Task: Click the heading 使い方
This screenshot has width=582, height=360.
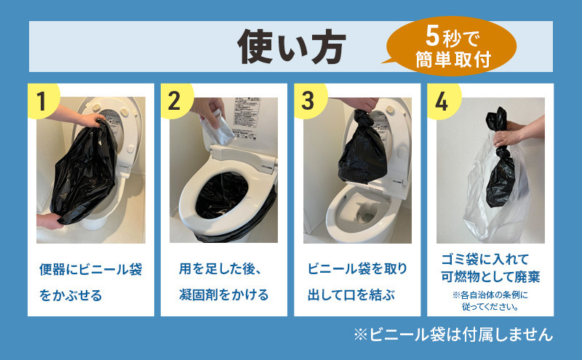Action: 292,47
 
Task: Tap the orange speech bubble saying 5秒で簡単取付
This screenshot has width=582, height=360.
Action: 450,47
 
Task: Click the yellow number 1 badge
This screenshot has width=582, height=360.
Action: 43,100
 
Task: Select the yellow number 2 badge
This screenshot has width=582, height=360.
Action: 176,100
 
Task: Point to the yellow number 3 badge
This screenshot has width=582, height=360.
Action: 310,100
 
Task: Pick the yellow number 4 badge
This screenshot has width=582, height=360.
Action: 443,100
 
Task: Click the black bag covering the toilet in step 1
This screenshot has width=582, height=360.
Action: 84,172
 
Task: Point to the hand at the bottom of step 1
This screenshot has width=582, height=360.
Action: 49,221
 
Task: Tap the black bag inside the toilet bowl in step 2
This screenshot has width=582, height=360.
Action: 222,195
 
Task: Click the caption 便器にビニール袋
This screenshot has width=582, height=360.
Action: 90,269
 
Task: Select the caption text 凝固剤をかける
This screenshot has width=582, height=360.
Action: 223,295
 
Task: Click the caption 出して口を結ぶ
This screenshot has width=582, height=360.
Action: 351,295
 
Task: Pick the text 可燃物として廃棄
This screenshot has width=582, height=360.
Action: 490,277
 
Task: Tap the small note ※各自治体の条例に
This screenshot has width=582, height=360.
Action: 490,295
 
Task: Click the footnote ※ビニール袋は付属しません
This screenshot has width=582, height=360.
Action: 453,335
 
